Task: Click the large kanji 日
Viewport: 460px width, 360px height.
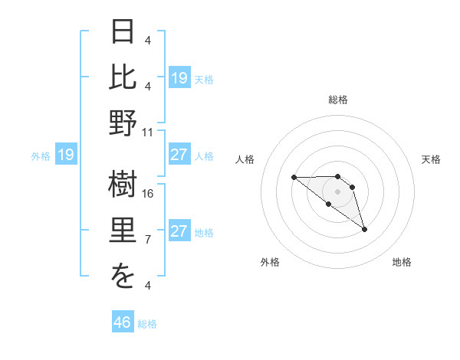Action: pyautogui.click(x=123, y=33)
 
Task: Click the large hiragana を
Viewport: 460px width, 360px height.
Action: pyautogui.click(x=123, y=278)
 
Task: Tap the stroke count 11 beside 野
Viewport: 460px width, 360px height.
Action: pyautogui.click(x=148, y=132)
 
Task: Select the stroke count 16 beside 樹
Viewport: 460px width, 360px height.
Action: pyautogui.click(x=148, y=193)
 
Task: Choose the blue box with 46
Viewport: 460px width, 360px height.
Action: pyautogui.click(x=123, y=322)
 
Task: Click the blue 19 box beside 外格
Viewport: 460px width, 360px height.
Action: pyautogui.click(x=66, y=155)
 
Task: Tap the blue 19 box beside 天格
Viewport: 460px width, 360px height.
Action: pyautogui.click(x=179, y=78)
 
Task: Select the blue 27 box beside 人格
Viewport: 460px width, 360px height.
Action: pyautogui.click(x=179, y=155)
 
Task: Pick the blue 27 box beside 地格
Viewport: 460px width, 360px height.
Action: pyautogui.click(x=179, y=231)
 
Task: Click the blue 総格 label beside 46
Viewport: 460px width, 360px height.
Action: pyautogui.click(x=147, y=324)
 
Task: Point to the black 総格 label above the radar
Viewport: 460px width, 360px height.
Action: pyautogui.click(x=337, y=100)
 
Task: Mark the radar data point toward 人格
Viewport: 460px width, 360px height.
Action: pyautogui.click(x=294, y=177)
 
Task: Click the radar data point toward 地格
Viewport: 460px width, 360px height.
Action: pyautogui.click(x=364, y=229)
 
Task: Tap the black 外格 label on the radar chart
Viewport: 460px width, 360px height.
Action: pyautogui.click(x=269, y=262)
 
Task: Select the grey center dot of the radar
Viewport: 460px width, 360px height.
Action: pyautogui.click(x=337, y=191)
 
